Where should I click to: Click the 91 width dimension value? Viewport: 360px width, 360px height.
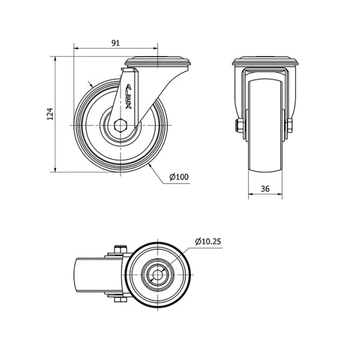click(116, 43)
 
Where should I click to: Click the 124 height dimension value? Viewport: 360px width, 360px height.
click(50, 114)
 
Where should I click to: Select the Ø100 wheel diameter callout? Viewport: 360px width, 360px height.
click(179, 177)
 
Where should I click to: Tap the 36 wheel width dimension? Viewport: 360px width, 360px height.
click(265, 188)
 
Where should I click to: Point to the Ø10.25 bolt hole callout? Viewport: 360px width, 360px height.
click(208, 241)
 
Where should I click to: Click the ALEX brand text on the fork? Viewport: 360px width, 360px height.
click(128, 97)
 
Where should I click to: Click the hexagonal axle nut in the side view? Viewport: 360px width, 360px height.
click(120, 125)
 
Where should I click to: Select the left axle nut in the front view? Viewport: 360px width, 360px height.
click(239, 125)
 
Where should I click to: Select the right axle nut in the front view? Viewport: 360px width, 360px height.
click(289, 125)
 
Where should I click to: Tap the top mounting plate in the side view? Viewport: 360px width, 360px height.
click(158, 62)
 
